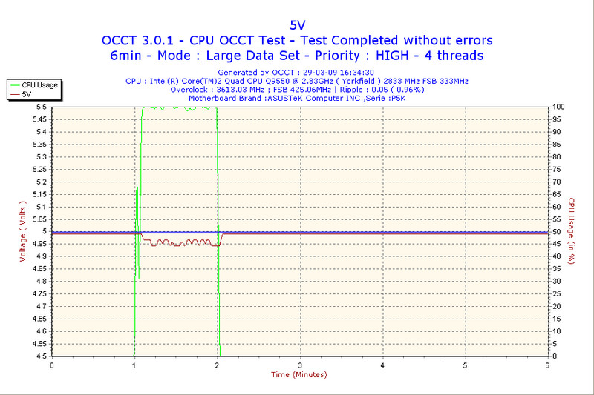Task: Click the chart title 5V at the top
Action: click(297, 24)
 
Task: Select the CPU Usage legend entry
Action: click(39, 84)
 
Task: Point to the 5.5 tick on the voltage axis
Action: click(39, 107)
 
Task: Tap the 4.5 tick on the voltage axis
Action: click(39, 356)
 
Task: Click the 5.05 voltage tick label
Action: click(37, 219)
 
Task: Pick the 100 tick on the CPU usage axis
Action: click(557, 107)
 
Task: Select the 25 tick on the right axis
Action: click(555, 293)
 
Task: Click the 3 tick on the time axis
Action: click(299, 365)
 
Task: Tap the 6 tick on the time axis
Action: click(547, 365)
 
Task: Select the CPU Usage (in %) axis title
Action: click(571, 231)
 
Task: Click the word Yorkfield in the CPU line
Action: click(368, 81)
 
